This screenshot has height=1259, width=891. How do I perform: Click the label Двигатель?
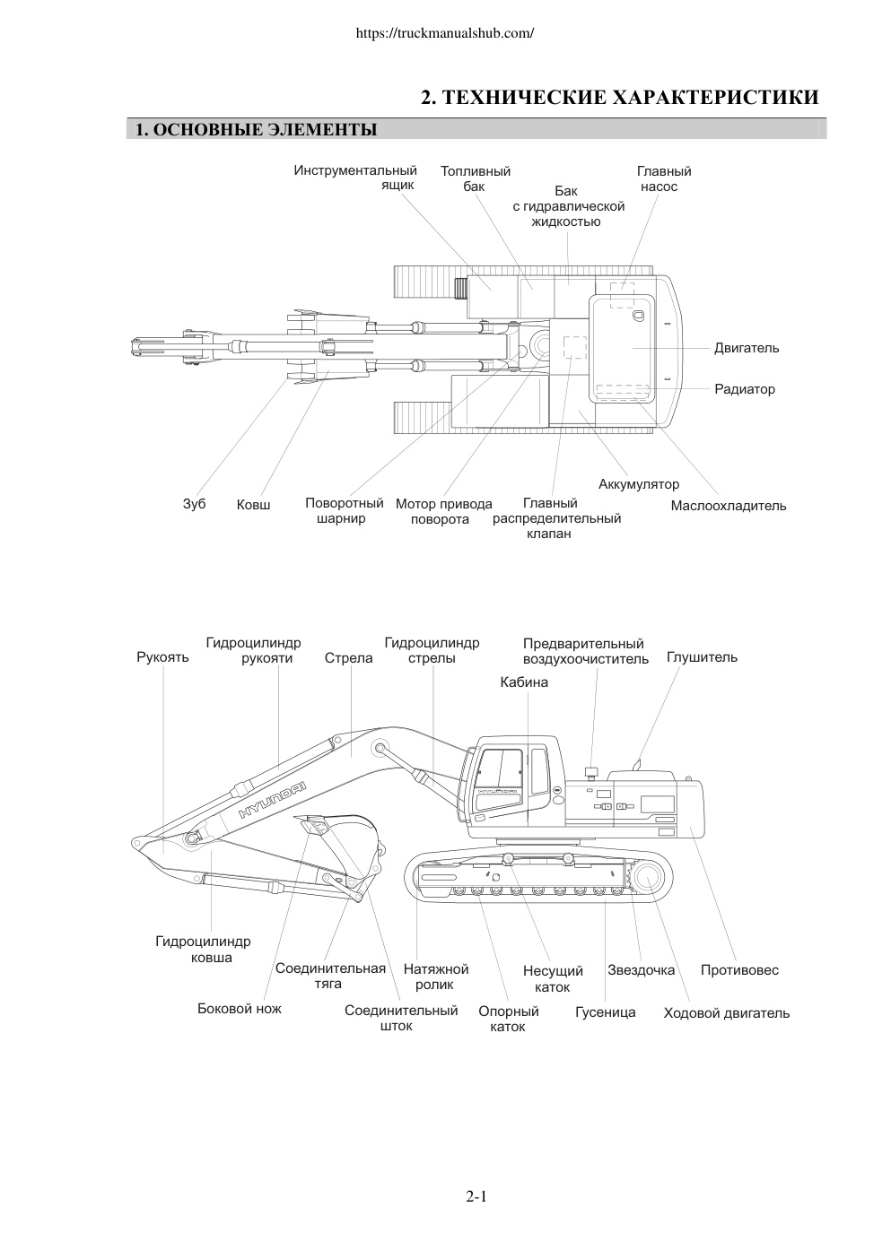(747, 348)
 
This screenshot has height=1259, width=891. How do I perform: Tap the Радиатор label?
(744, 389)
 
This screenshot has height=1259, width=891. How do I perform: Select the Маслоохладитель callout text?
(729, 505)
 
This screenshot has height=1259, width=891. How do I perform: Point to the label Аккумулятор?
(639, 484)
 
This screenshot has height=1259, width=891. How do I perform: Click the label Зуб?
(194, 504)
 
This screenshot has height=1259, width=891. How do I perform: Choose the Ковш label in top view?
(253, 505)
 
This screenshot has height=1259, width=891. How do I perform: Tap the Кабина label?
(524, 682)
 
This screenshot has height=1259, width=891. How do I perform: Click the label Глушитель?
(702, 657)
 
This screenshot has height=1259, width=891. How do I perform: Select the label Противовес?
(739, 969)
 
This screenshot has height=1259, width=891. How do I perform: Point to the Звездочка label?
(642, 969)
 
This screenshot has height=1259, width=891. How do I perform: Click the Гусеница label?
(606, 1012)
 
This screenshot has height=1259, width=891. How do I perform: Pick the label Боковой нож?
(239, 1008)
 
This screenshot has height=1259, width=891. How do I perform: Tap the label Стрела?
(349, 657)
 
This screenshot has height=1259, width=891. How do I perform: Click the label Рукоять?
(162, 657)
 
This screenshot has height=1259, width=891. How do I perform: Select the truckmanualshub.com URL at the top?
(444, 33)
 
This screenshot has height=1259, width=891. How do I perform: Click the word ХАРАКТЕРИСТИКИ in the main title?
(715, 97)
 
